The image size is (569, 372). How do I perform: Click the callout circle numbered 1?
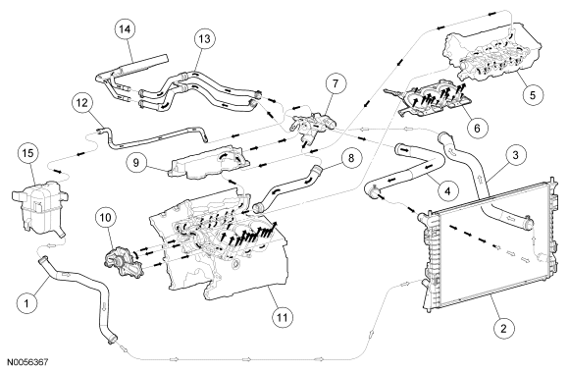[x=27, y=302]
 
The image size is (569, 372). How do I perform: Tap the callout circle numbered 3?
[x=515, y=155]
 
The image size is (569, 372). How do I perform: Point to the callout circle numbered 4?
[x=447, y=190]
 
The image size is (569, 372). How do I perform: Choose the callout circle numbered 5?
[x=533, y=95]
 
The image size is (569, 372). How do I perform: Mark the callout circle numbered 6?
[x=477, y=127]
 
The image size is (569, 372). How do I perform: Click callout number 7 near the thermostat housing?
[x=336, y=83]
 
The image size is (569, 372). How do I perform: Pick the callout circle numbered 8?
[x=350, y=158]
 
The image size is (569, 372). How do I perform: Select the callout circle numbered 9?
[x=136, y=162]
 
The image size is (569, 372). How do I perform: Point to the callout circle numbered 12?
[x=82, y=103]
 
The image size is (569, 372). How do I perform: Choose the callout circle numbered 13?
[x=205, y=38]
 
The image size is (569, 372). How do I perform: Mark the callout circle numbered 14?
[x=125, y=29]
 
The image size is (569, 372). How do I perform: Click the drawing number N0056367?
[x=27, y=362]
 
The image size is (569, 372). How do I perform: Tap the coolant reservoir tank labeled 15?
[x=39, y=206]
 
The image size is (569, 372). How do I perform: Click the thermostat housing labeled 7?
[x=311, y=126]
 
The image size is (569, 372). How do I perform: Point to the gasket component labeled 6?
[x=428, y=97]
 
